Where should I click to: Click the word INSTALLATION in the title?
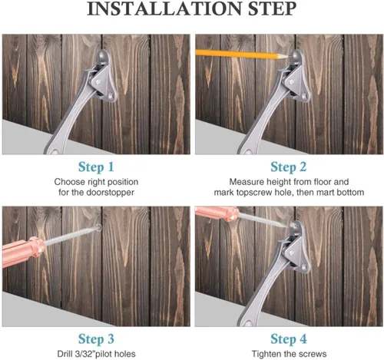(x=164, y=8)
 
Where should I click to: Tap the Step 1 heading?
(x=96, y=167)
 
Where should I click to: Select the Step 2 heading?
(x=289, y=167)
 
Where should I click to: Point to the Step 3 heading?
(x=96, y=339)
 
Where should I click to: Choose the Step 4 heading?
(x=289, y=339)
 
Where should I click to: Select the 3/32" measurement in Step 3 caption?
(x=78, y=354)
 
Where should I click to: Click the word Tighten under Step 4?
(x=264, y=354)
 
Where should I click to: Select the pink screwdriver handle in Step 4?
(x=217, y=214)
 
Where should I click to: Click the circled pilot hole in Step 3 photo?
(x=98, y=227)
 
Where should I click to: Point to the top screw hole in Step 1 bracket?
(x=101, y=55)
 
